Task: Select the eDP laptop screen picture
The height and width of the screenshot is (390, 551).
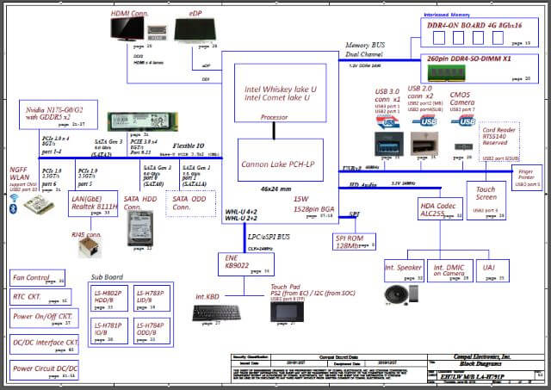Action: (202, 31)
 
